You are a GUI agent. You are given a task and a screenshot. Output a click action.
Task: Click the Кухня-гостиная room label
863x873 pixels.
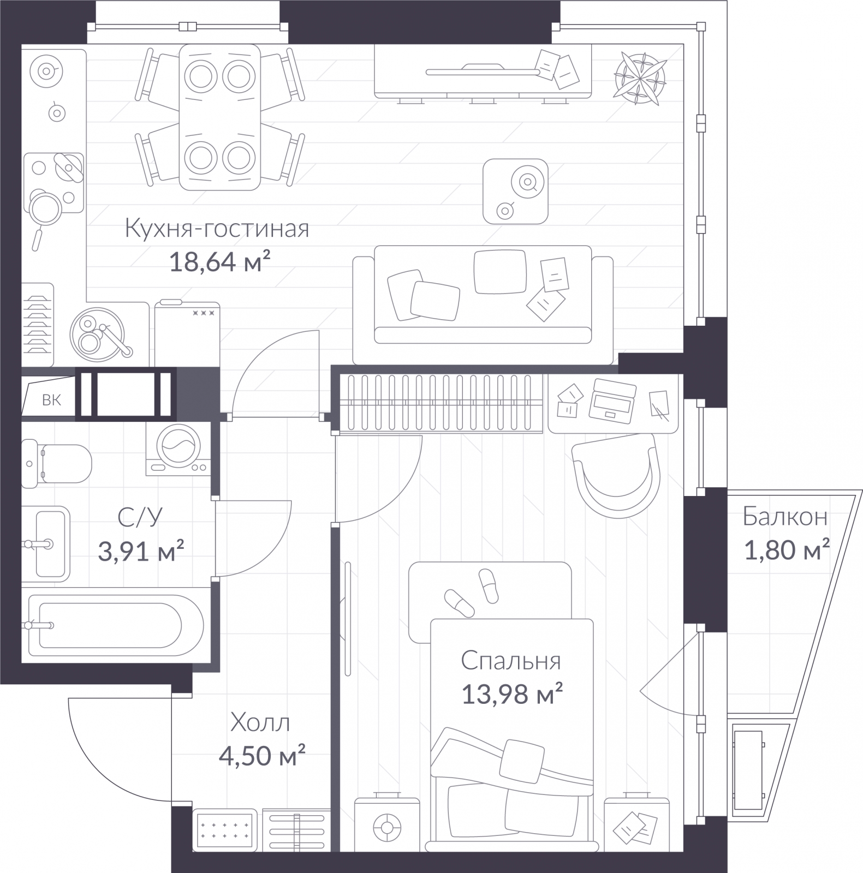[x=217, y=229]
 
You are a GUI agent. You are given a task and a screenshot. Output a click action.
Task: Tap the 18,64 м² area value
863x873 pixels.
[x=220, y=262]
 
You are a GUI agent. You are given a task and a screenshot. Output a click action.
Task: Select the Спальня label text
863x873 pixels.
[x=511, y=661]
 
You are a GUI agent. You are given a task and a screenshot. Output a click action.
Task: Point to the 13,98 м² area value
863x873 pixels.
[x=512, y=695]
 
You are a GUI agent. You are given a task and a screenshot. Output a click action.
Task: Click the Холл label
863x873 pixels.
[x=260, y=723]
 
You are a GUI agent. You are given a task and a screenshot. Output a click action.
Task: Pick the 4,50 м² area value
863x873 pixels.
[x=261, y=756]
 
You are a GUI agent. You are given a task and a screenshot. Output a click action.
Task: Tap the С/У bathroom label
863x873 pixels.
[x=140, y=517]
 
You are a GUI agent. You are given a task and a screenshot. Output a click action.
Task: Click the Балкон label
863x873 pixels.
[x=785, y=517]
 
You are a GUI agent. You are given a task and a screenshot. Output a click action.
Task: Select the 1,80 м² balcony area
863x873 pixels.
[x=787, y=550]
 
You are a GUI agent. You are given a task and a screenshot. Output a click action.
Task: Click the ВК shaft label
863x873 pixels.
[x=52, y=400]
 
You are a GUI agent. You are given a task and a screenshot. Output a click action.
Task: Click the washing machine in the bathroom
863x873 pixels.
[x=178, y=447]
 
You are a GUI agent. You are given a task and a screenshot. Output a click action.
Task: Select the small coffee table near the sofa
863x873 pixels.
[x=515, y=191]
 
